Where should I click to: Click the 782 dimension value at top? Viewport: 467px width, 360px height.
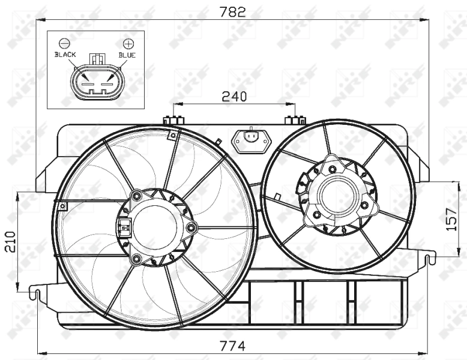(233, 11)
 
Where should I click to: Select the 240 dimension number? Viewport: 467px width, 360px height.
(234, 95)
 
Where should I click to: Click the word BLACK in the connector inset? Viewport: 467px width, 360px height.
(65, 55)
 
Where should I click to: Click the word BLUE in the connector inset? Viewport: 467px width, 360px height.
(127, 55)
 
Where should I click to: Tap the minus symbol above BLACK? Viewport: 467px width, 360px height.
(65, 43)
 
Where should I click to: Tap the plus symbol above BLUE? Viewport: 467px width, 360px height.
(127, 43)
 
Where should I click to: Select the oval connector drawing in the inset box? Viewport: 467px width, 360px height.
(96, 82)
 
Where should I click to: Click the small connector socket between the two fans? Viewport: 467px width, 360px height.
(251, 139)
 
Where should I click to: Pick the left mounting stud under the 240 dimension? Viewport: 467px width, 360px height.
(173, 119)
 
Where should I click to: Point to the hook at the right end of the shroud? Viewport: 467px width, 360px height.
(429, 259)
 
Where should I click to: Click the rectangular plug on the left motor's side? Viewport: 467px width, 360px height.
(124, 227)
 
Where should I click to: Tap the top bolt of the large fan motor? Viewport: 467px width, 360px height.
(137, 196)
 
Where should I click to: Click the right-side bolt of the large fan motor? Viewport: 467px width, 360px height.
(191, 227)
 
